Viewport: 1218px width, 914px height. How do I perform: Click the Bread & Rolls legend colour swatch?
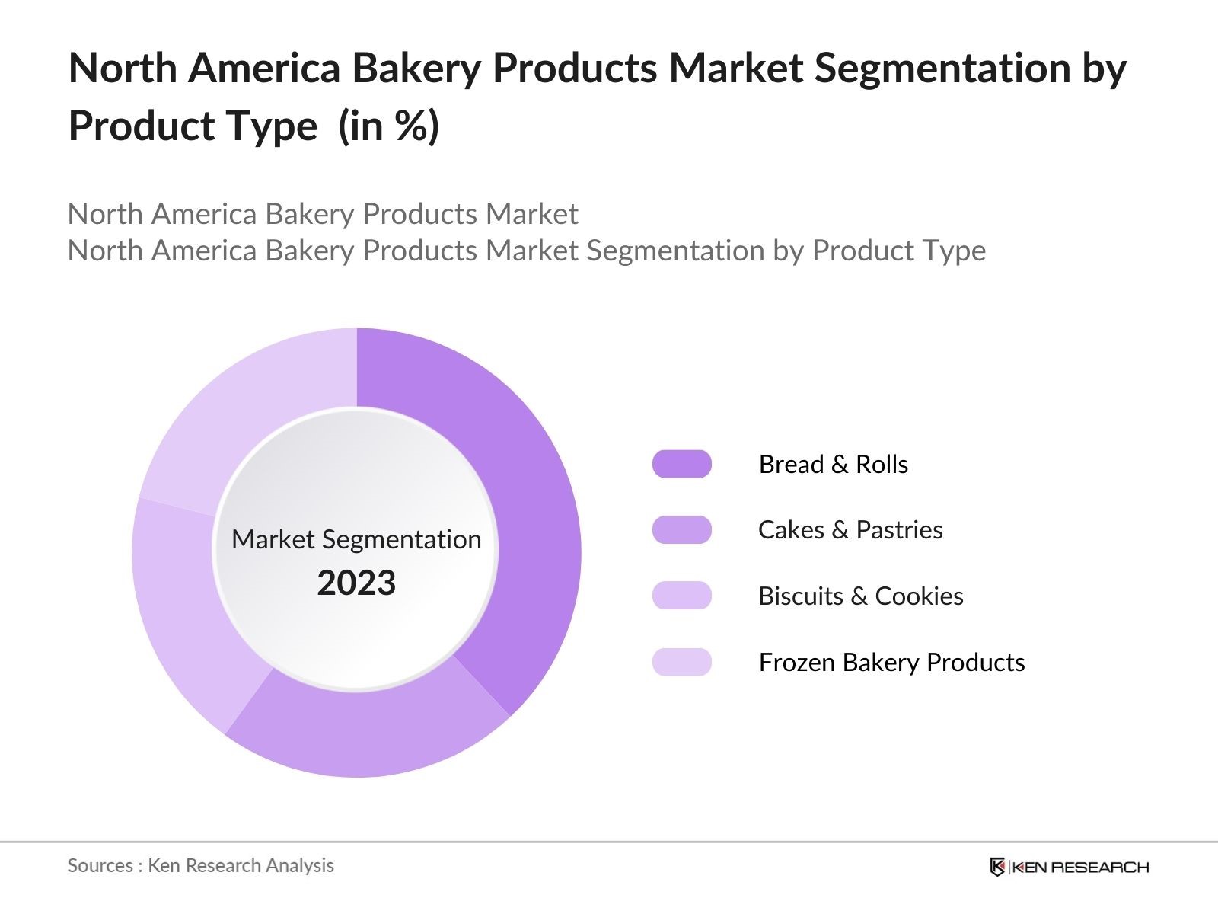click(x=681, y=464)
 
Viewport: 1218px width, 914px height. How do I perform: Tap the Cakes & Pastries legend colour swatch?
click(x=681, y=529)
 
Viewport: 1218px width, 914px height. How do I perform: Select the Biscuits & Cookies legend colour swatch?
click(x=681, y=596)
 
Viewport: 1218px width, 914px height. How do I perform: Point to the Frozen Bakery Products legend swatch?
click(x=681, y=662)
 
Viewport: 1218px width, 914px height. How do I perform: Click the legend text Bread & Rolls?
click(x=833, y=464)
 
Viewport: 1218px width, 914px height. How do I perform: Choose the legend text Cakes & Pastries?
click(x=850, y=529)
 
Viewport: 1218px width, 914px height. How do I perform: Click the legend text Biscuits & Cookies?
click(x=860, y=596)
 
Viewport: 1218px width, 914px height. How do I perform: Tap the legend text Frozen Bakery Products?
click(x=891, y=662)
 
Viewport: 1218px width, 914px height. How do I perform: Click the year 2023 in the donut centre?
click(x=356, y=583)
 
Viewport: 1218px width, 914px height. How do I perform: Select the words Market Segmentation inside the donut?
click(x=356, y=539)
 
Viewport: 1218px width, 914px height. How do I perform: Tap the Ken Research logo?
click(x=1068, y=867)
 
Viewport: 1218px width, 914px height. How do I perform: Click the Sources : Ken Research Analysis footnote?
click(x=200, y=865)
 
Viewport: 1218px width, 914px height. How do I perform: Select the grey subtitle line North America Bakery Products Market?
click(x=323, y=214)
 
